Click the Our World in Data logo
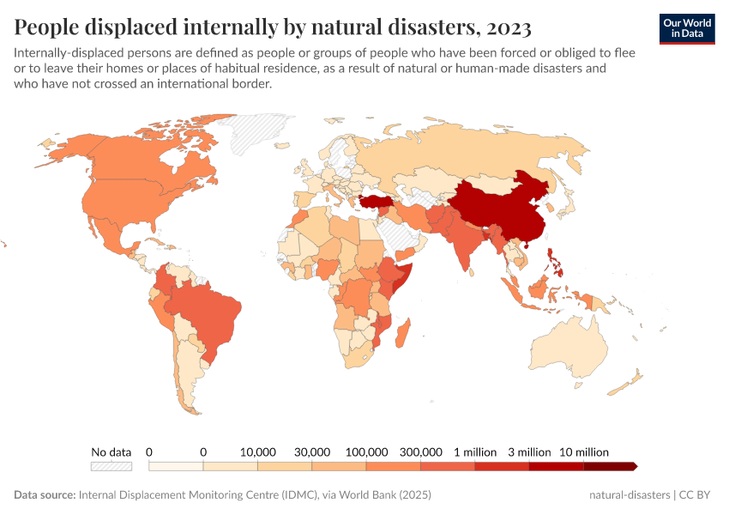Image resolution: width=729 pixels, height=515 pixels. [x=686, y=28]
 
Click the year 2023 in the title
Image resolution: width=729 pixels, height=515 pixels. [x=508, y=27]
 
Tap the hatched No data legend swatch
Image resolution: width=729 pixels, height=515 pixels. [x=111, y=466]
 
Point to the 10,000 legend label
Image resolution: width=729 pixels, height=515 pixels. [x=257, y=451]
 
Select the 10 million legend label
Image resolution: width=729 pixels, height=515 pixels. [x=584, y=451]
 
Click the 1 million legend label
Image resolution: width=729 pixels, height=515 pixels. [x=475, y=451]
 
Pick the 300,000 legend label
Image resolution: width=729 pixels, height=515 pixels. [x=420, y=451]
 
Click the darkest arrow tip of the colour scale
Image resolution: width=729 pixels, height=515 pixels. [x=634, y=466]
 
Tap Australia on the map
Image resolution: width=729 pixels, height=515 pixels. [x=570, y=348]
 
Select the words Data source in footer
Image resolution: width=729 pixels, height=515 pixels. [x=45, y=495]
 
